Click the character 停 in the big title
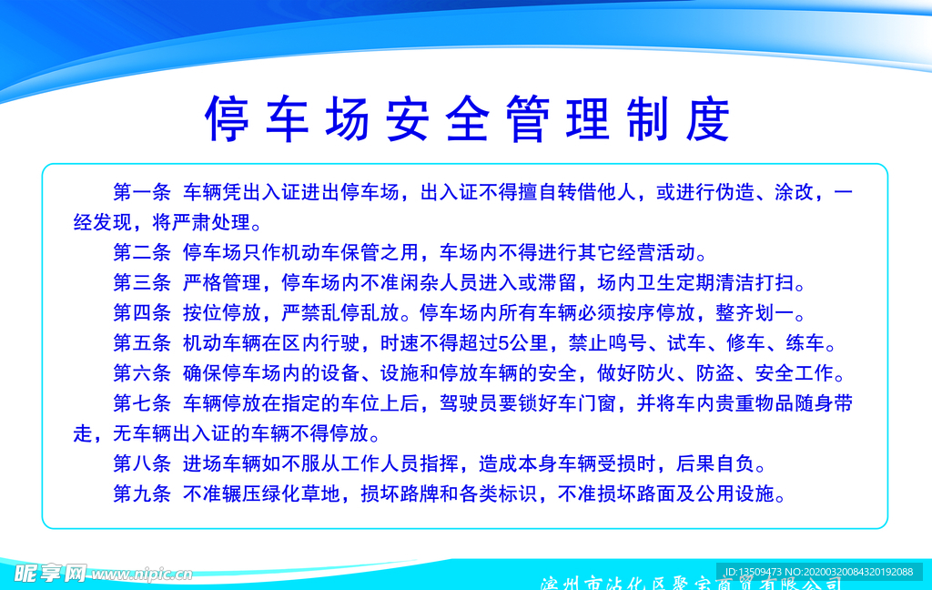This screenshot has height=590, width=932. pos(228,119)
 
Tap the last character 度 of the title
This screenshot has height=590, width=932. pos(708,119)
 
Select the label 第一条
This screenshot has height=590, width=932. pos(141,193)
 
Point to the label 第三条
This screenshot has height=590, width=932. pos(141,283)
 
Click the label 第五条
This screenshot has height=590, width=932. pos(141,343)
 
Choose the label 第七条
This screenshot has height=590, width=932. pos(141,403)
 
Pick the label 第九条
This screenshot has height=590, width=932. pos(141,494)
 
